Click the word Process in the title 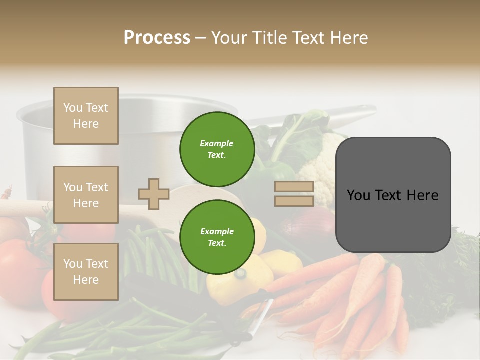pos(157,38)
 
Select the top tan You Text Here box pos(86,116)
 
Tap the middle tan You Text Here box pos(86,195)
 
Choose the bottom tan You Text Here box pos(86,272)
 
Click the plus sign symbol pos(154,194)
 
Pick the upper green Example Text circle pos(217,149)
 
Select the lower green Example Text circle pos(217,237)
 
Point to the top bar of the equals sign pos(294,187)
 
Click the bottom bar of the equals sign pos(294,201)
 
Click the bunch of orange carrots pos(350,295)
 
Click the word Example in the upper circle pos(217,143)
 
